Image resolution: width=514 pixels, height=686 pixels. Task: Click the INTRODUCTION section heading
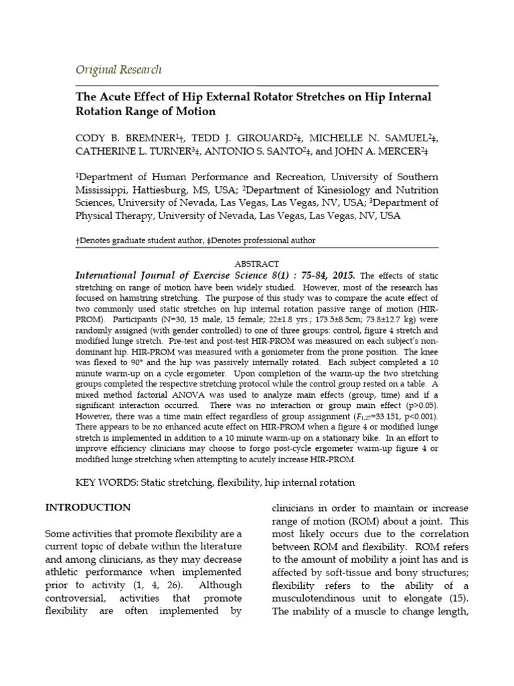(x=88, y=507)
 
